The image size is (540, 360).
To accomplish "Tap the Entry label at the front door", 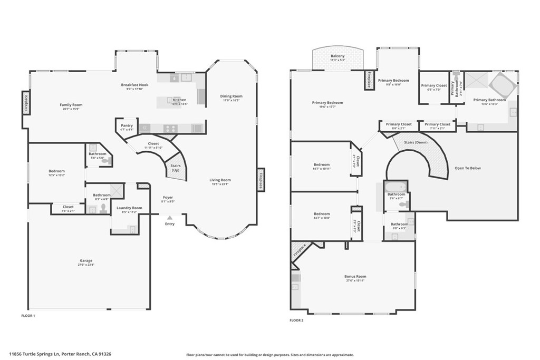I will click(169, 223).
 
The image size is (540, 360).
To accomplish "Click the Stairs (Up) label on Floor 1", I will click(176, 168).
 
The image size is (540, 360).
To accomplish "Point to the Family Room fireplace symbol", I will click(25, 102).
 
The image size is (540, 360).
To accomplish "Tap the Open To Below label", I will click(468, 168).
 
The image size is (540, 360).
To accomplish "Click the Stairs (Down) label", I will click(416, 142).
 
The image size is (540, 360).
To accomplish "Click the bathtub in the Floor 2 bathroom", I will click(395, 187).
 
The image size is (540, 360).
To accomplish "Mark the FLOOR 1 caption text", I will click(28, 315).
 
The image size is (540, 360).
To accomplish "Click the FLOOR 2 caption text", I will click(297, 320).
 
